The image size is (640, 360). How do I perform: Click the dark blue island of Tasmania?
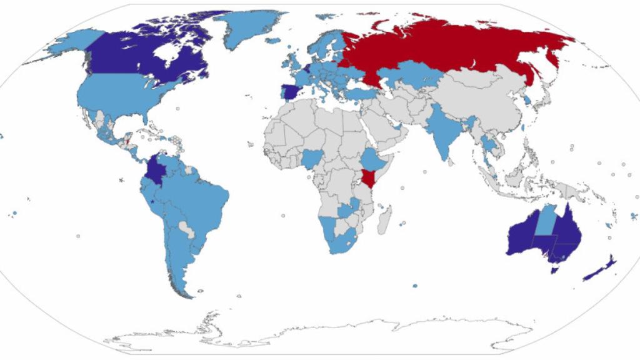coord(554,269)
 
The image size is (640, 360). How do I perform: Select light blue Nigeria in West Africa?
coord(311,159)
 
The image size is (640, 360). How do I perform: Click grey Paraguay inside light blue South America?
coord(186,229)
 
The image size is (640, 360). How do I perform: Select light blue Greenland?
coord(250,28)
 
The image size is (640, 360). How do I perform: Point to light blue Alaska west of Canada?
coord(66,44)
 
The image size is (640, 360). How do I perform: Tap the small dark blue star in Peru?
coord(152,201)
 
